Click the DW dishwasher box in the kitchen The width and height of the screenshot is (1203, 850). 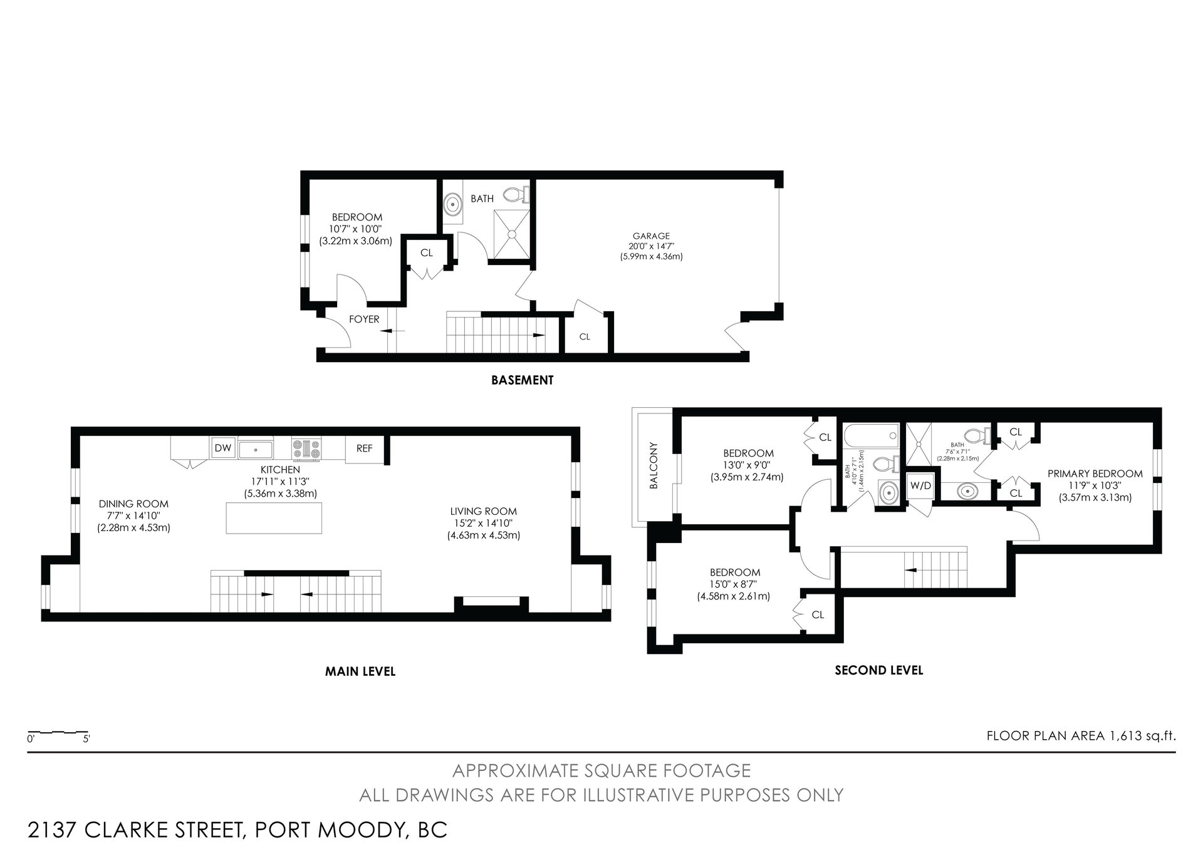pyautogui.click(x=223, y=448)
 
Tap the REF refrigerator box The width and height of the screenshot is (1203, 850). pyautogui.click(x=365, y=449)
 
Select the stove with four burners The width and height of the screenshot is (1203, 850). pyautogui.click(x=306, y=448)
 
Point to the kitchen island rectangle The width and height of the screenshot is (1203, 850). pyautogui.click(x=274, y=517)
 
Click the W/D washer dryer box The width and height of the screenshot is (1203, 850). pyautogui.click(x=920, y=486)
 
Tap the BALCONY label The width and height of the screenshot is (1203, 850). pyautogui.click(x=654, y=465)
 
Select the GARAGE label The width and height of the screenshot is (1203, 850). pyautogui.click(x=652, y=236)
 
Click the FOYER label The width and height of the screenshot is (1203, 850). pyautogui.click(x=364, y=319)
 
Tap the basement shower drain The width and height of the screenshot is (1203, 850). pyautogui.click(x=511, y=234)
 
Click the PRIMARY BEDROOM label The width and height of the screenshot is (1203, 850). pyautogui.click(x=1095, y=474)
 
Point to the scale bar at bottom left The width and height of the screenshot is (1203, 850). pyautogui.click(x=58, y=732)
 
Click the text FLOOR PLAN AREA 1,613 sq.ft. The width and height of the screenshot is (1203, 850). pyautogui.click(x=1081, y=736)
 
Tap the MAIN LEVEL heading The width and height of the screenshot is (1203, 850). pyautogui.click(x=360, y=671)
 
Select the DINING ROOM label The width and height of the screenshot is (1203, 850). pyautogui.click(x=133, y=504)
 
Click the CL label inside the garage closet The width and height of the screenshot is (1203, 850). pyautogui.click(x=585, y=337)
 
